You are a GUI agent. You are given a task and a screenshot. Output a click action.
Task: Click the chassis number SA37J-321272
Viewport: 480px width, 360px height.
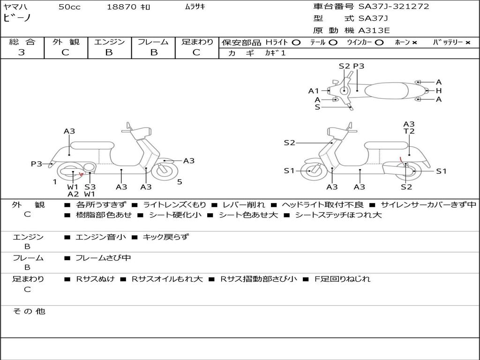click(394, 7)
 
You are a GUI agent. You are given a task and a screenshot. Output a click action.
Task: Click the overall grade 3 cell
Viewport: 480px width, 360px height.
click(22, 52)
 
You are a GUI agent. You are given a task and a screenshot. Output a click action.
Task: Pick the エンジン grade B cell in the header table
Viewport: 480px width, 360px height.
click(109, 52)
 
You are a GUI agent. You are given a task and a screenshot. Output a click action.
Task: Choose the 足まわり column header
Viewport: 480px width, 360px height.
click(197, 42)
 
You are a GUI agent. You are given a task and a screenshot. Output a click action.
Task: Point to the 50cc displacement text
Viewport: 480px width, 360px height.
click(69, 7)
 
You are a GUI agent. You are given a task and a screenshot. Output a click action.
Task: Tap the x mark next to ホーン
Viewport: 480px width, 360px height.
click(414, 42)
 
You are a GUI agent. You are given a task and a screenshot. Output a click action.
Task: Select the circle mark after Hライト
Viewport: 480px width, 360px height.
click(296, 42)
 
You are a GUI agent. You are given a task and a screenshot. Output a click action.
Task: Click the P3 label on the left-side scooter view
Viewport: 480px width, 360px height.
click(37, 164)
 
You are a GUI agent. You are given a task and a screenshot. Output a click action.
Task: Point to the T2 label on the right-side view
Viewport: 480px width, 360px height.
click(409, 131)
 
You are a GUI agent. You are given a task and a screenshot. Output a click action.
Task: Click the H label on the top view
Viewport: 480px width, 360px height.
click(439, 90)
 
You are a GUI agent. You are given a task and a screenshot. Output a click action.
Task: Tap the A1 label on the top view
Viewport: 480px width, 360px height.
click(314, 90)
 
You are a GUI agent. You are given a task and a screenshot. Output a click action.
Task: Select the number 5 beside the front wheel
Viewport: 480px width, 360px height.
click(180, 182)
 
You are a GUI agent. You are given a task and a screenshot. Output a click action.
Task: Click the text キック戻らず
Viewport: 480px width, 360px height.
click(165, 237)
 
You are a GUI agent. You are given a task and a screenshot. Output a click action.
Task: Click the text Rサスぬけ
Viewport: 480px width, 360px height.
click(95, 279)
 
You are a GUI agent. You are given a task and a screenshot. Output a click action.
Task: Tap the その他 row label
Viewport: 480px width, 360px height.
click(29, 311)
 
